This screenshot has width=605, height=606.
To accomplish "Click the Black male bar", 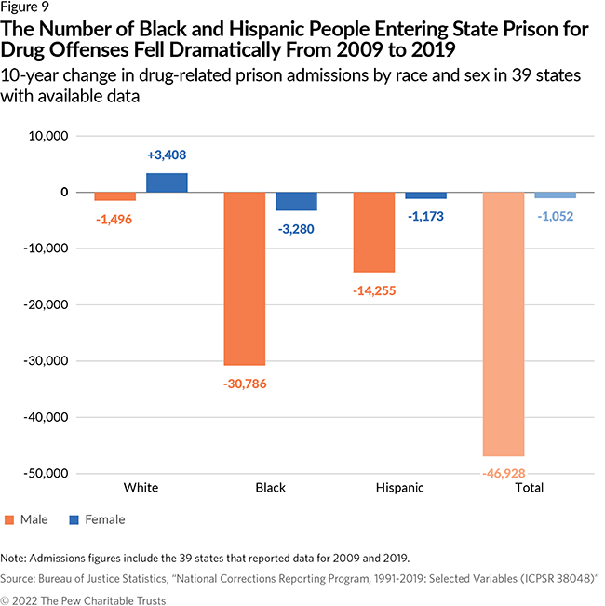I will (x=244, y=278).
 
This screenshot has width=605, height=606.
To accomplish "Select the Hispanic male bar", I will (x=373, y=232).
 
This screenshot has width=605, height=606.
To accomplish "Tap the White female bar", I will (x=167, y=182).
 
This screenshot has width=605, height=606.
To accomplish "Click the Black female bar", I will (x=296, y=201).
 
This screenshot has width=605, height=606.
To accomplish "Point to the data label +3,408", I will (x=167, y=155).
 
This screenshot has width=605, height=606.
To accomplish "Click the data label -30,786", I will (x=245, y=382).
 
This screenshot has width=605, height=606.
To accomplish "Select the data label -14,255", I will (x=373, y=290).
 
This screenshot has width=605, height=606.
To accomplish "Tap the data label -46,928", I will (x=503, y=473).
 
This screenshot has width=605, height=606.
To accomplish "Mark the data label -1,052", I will (x=554, y=216).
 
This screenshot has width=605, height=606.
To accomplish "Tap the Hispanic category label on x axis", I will (x=399, y=488).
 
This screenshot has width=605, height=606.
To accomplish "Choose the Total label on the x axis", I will (x=528, y=488).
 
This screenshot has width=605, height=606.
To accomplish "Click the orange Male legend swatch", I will (x=10, y=519).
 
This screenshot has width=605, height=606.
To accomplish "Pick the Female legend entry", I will (x=96, y=519).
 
